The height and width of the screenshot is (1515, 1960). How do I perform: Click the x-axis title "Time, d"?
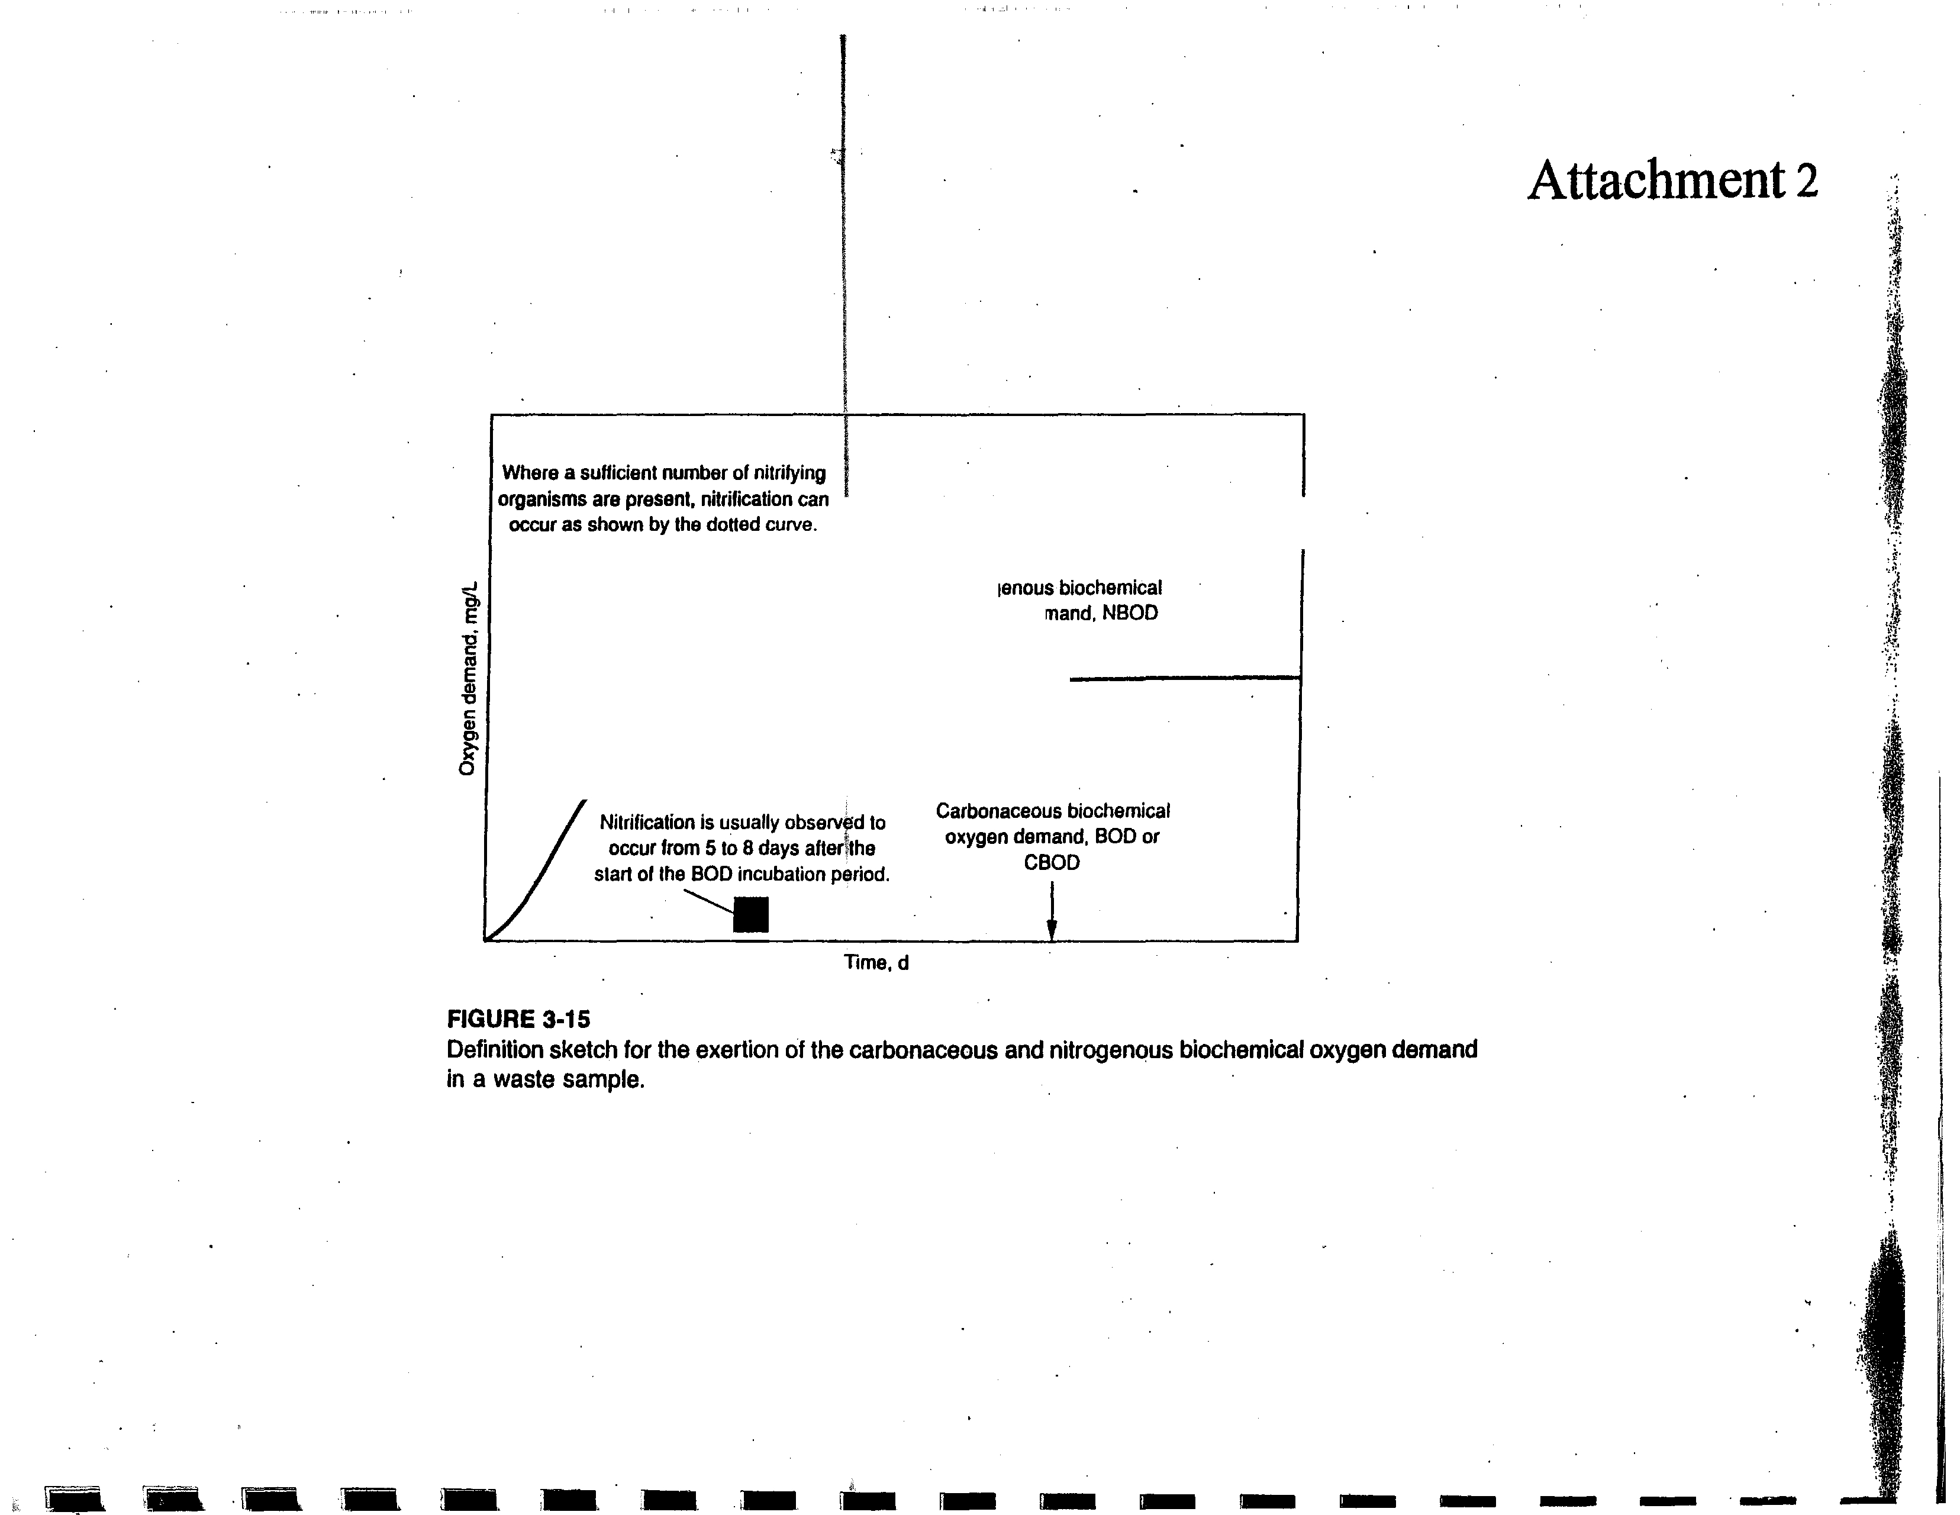pyautogui.click(x=876, y=963)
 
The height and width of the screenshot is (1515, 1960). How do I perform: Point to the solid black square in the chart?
pyautogui.click(x=751, y=914)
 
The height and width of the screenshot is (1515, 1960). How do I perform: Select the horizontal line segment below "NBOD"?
pyautogui.click(x=1185, y=679)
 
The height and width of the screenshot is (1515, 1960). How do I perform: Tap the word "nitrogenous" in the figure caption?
pyautogui.click(x=1111, y=1050)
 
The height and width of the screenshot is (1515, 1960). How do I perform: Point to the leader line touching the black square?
pyautogui.click(x=708, y=900)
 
